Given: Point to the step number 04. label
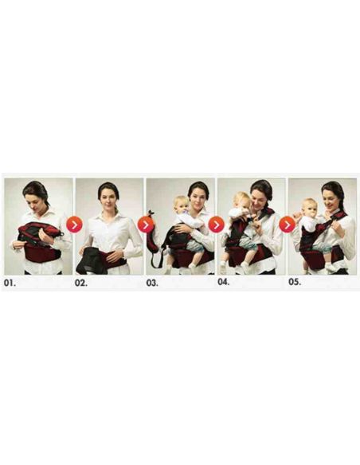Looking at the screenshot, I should [x=225, y=281].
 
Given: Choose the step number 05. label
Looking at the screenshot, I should [x=295, y=281].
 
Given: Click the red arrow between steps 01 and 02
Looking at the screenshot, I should [x=74, y=225].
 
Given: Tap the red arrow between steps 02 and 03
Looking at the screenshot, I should [x=145, y=225].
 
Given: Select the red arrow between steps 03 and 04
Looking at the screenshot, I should [x=216, y=225].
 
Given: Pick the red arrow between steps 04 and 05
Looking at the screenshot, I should [x=287, y=225].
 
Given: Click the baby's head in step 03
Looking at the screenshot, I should [x=180, y=204].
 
